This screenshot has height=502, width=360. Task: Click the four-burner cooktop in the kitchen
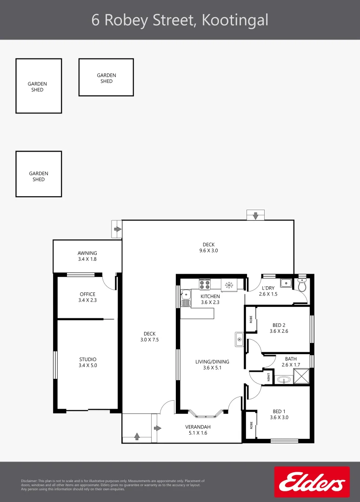point(205,284)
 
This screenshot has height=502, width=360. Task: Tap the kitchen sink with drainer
point(186,297)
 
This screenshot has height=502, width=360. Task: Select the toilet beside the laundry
point(302,285)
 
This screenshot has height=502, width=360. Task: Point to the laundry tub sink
point(286,283)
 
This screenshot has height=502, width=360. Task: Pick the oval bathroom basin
point(283,380)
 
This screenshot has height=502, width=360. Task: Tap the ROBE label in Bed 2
point(251,319)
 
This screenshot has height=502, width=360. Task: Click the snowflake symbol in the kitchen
point(229,284)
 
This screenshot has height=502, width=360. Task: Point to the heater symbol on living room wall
point(240,340)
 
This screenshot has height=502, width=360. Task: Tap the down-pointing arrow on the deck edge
point(255,216)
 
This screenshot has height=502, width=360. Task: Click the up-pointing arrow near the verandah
point(137,436)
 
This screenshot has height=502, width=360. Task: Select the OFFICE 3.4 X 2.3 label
point(87,297)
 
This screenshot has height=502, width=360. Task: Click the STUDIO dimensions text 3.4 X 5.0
point(87,365)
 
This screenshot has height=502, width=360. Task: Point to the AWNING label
point(87,253)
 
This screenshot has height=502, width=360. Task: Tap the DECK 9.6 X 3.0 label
point(208,247)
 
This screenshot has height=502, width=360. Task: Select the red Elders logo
point(312,482)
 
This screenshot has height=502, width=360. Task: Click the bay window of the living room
point(204,413)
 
